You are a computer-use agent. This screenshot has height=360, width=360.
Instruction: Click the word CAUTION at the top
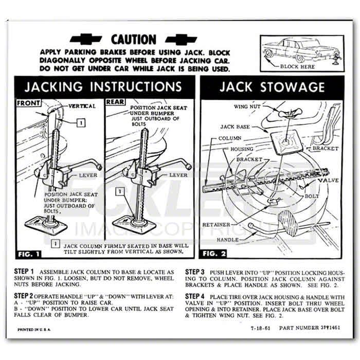(x=133, y=39)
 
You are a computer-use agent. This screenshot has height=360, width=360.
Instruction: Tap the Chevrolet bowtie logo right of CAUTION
(x=178, y=39)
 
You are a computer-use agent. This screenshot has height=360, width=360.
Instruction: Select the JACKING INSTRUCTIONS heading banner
(x=103, y=86)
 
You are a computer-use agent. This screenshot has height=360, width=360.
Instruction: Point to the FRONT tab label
(x=29, y=103)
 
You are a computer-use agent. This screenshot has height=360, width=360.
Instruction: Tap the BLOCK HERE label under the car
(x=297, y=67)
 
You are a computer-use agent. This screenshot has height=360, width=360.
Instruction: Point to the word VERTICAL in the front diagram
(x=82, y=106)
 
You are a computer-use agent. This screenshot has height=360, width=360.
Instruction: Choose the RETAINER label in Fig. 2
(x=217, y=224)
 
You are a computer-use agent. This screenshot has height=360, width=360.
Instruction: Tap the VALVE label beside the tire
(x=328, y=181)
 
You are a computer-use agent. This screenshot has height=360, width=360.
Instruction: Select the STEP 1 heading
(x=25, y=272)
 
